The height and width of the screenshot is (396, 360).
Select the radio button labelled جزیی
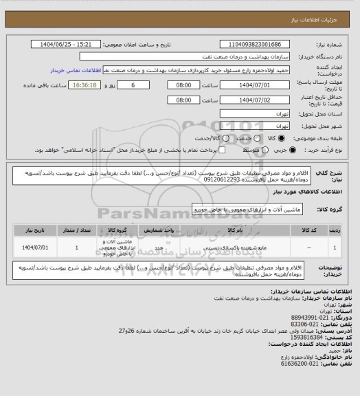pos(293,150)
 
